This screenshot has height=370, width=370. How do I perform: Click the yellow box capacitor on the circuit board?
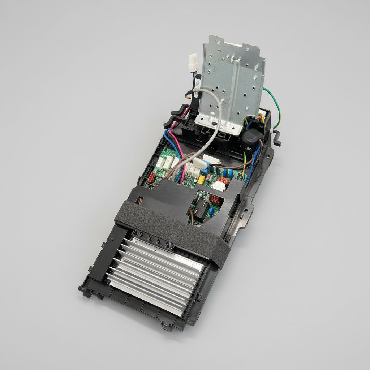201,180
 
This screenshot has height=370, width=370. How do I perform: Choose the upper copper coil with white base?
221,182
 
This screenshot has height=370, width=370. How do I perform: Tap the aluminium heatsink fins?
155,275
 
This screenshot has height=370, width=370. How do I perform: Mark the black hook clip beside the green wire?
277,139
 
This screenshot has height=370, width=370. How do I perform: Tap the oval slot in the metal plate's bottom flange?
216,124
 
